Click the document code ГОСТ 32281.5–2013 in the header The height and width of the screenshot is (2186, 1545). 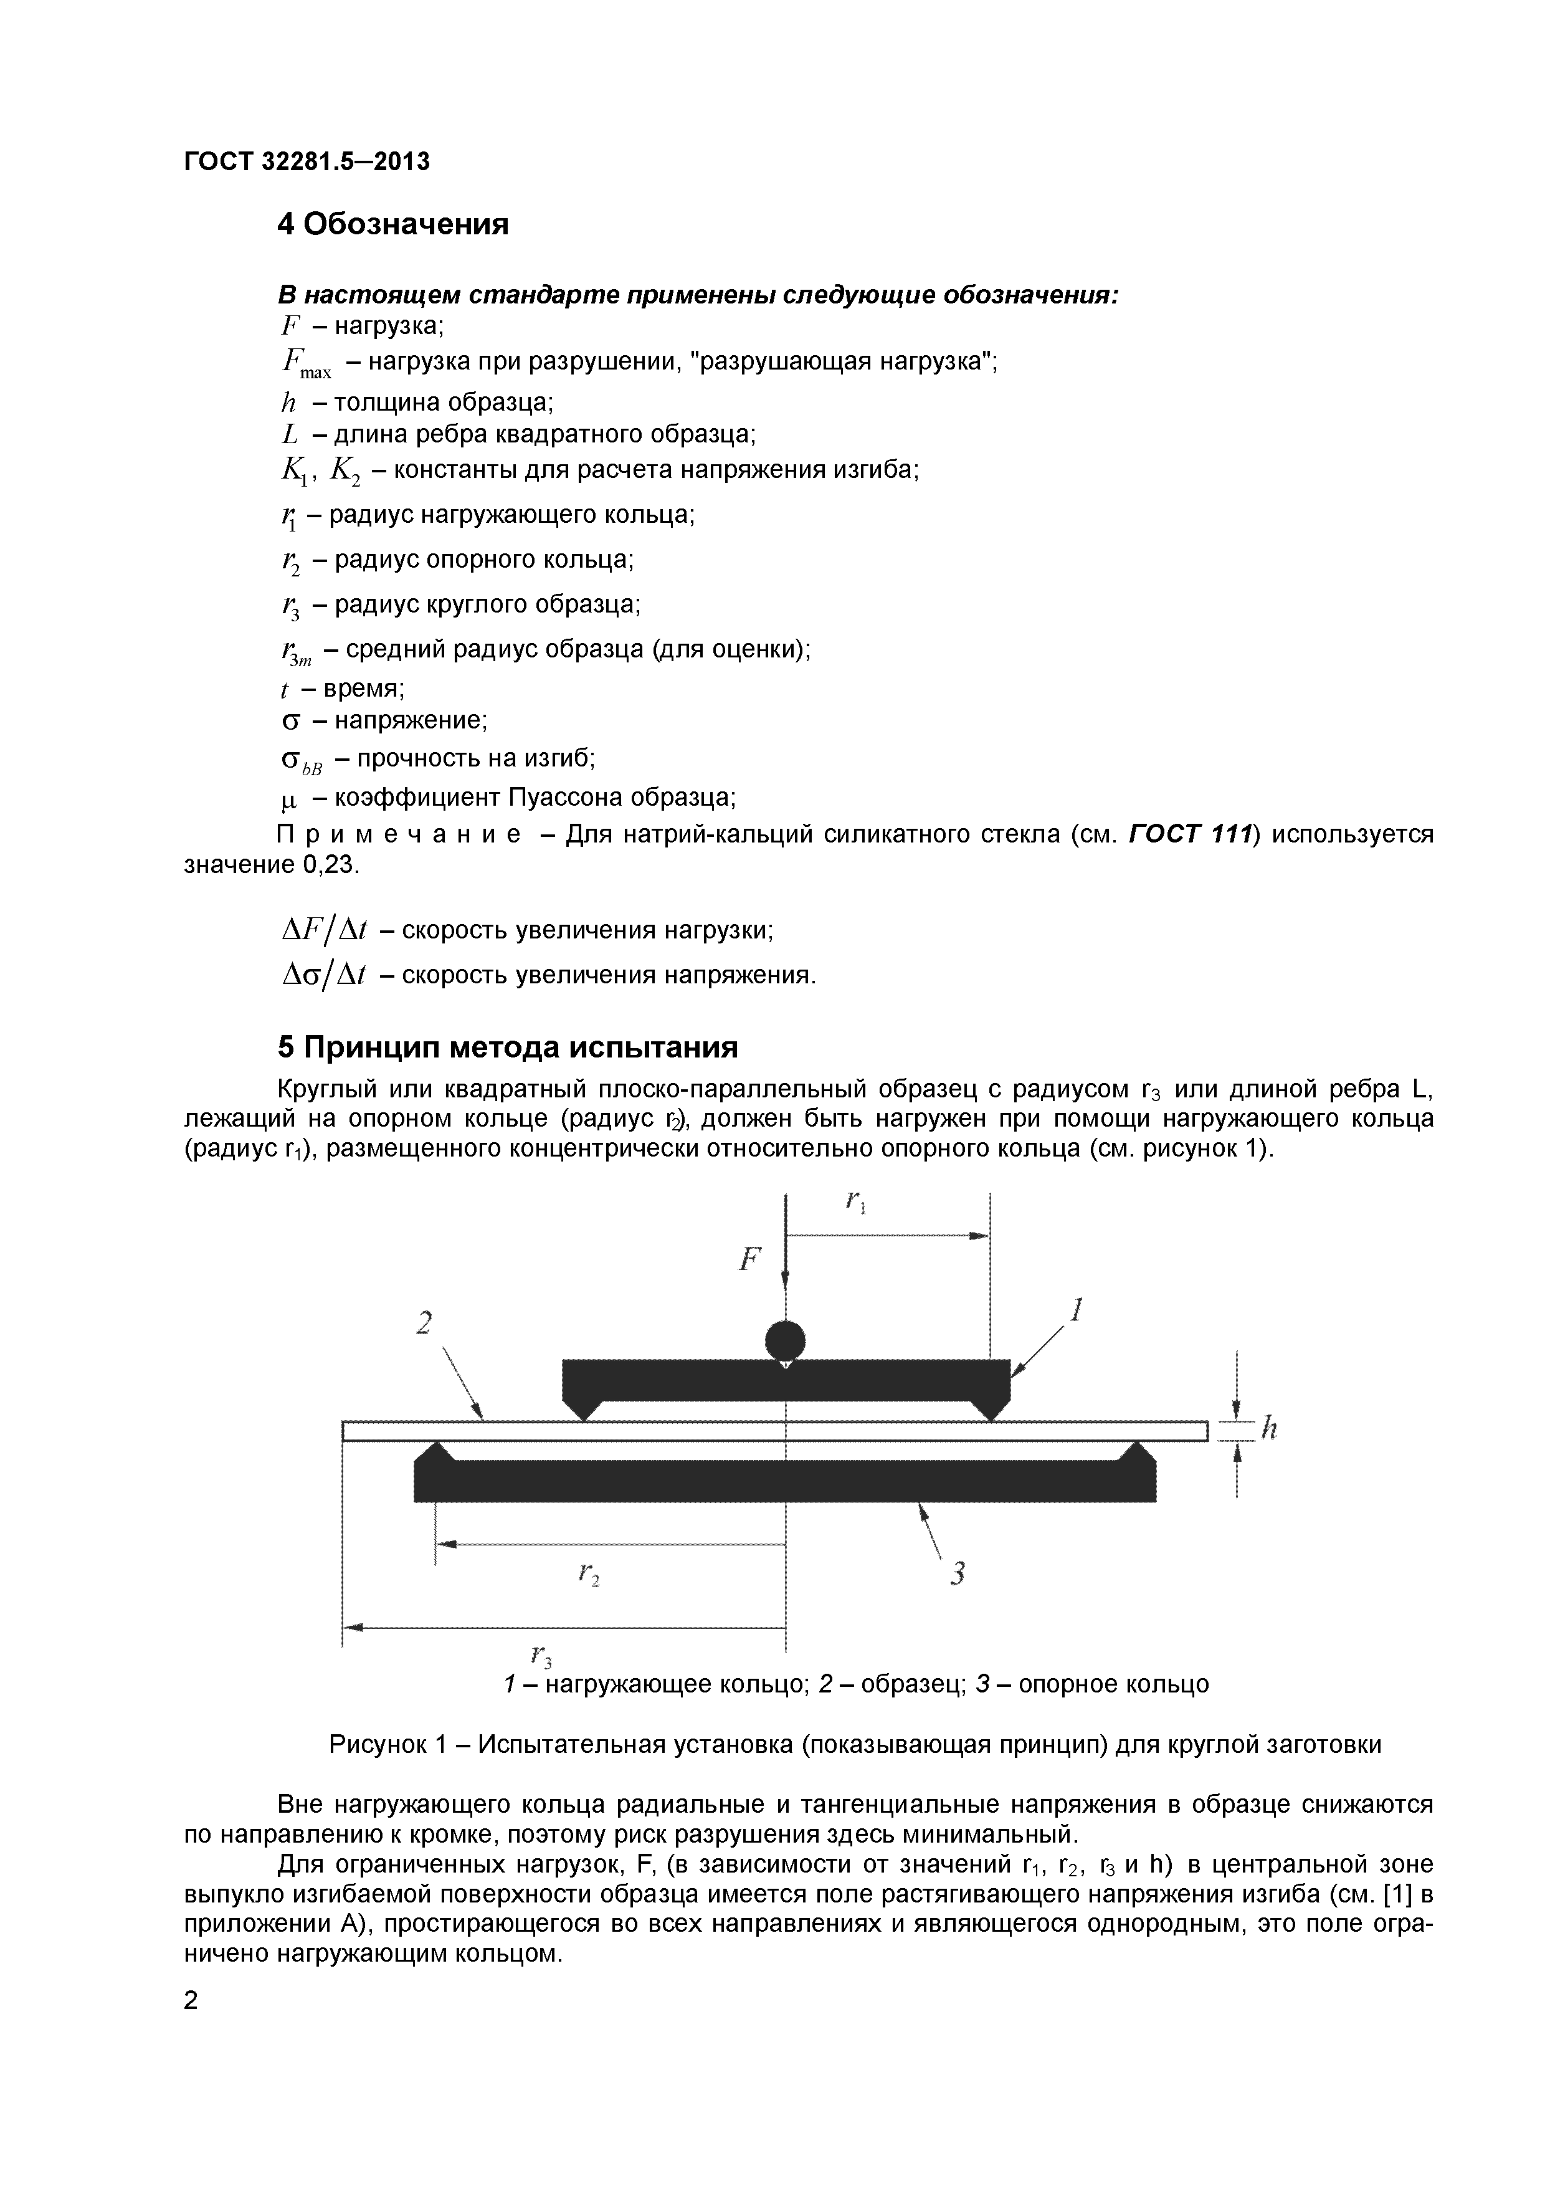(307, 162)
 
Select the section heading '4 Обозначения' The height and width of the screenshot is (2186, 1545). (392, 225)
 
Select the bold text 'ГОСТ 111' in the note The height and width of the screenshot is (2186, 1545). (1188, 835)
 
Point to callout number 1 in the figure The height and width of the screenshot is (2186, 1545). (1077, 1311)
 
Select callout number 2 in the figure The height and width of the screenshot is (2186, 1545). (425, 1324)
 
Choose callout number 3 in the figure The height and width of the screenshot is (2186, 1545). (958, 1574)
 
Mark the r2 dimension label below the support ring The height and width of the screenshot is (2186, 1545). (588, 1575)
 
